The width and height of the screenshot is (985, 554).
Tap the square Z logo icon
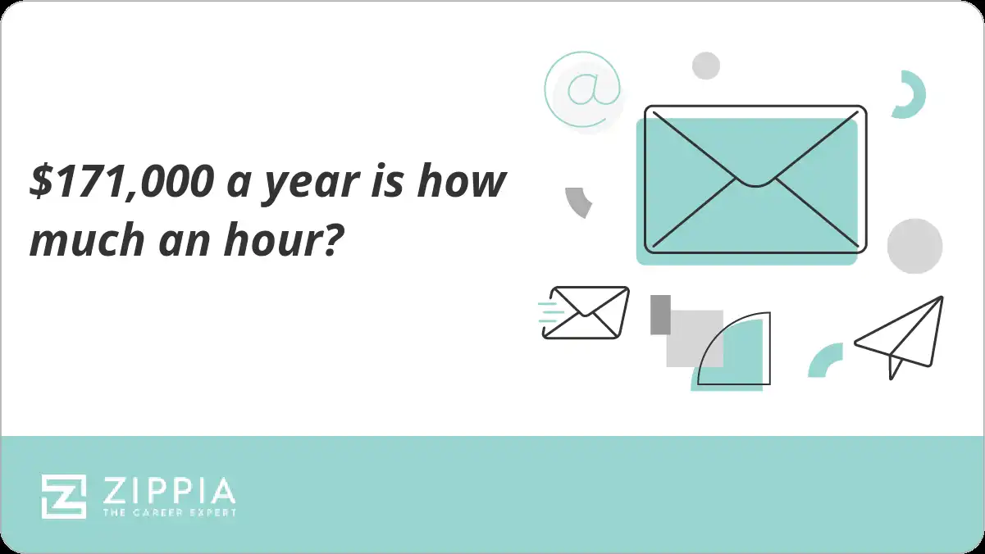click(x=64, y=497)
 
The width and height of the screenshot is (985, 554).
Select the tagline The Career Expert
click(x=168, y=512)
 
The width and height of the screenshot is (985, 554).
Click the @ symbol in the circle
click(x=583, y=89)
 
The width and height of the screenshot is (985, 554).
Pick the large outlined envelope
click(x=755, y=179)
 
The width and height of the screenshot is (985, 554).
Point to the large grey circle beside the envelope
click(x=914, y=246)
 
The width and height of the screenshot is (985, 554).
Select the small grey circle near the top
click(x=705, y=66)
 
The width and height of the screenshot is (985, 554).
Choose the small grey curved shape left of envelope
click(x=579, y=201)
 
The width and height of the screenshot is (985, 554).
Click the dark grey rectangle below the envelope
click(x=660, y=315)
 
